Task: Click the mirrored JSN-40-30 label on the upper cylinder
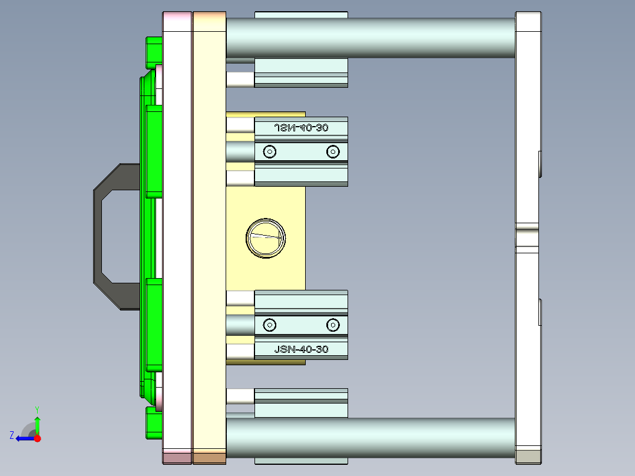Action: [301, 127]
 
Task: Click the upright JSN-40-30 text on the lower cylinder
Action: [301, 349]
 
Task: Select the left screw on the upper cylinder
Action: [270, 152]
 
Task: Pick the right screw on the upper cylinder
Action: [333, 152]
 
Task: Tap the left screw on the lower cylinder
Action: [270, 325]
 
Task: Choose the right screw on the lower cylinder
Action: [333, 325]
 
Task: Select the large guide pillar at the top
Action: [370, 38]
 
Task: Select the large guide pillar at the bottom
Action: [370, 438]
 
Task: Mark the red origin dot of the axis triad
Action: [37, 438]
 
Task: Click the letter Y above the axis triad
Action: [37, 409]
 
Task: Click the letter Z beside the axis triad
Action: [11, 435]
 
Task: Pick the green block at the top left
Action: [154, 51]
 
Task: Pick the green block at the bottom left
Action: [154, 423]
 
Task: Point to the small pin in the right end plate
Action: [527, 238]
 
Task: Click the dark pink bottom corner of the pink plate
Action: [177, 457]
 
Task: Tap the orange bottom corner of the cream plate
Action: [209, 457]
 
